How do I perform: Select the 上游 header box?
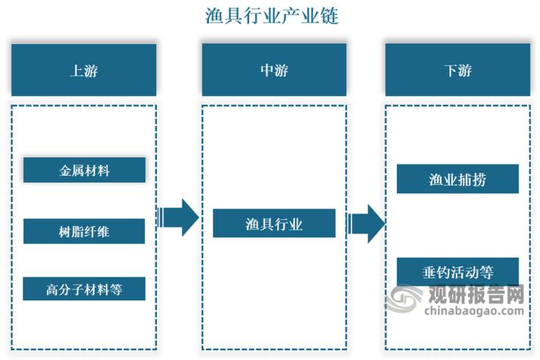pyautogui.click(x=84, y=70)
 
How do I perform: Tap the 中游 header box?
pyautogui.click(x=273, y=70)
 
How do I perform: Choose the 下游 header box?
pyautogui.click(x=457, y=70)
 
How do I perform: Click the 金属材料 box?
pyautogui.click(x=84, y=171)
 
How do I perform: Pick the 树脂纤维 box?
pyautogui.click(x=84, y=231)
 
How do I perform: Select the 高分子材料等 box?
pyautogui.click(x=84, y=288)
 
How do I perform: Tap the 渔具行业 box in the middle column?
pyautogui.click(x=273, y=224)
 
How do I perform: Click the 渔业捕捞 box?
pyautogui.click(x=457, y=180)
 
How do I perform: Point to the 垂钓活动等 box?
pyautogui.click(x=457, y=271)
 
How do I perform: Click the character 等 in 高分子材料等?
pyautogui.click(x=116, y=288)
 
